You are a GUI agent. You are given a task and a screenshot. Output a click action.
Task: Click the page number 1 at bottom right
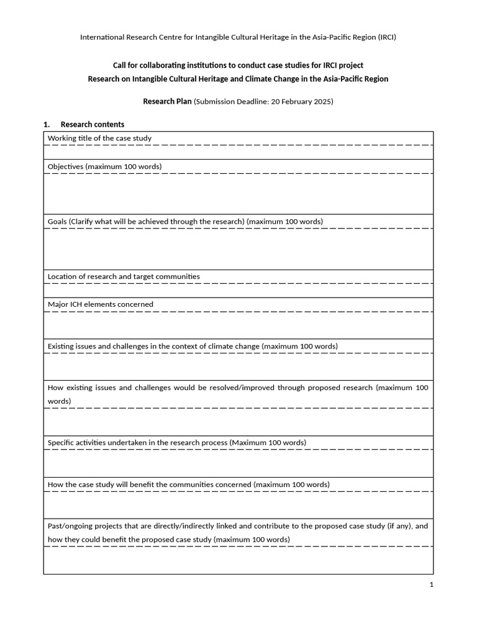(x=431, y=584)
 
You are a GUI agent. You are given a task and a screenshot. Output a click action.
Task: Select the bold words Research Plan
(x=168, y=101)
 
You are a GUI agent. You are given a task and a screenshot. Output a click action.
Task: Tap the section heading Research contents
(x=93, y=124)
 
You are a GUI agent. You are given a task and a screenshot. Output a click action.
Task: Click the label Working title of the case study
(x=99, y=138)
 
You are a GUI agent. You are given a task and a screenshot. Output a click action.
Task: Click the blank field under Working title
(x=238, y=152)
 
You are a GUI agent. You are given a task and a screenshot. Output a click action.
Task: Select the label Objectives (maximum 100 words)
(x=104, y=166)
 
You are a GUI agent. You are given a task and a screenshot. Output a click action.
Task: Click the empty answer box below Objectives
(x=238, y=194)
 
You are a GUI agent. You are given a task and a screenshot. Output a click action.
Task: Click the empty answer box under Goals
(x=238, y=249)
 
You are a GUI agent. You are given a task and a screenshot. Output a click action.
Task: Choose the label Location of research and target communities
(x=124, y=276)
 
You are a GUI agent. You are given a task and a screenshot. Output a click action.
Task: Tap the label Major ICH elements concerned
(x=100, y=304)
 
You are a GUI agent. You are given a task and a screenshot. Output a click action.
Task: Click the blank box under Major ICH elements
(x=238, y=325)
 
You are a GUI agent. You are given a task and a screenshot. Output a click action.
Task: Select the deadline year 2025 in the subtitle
(x=320, y=101)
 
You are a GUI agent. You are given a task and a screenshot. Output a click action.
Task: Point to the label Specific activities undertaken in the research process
(x=176, y=443)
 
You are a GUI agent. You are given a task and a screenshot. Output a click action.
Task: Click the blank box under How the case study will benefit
(x=238, y=504)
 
